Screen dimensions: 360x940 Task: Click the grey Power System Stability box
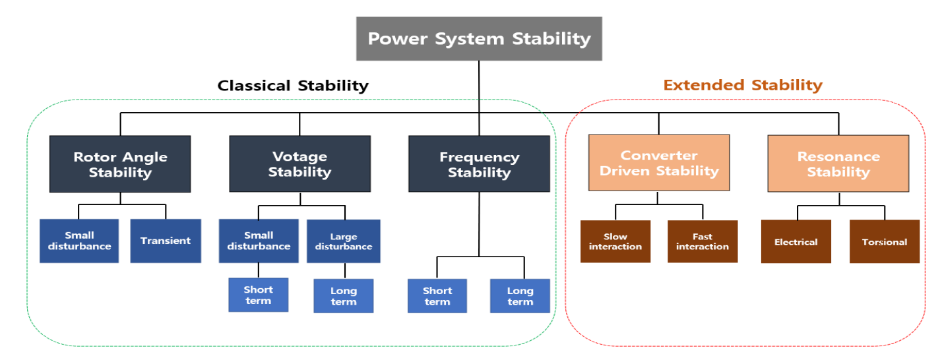479,39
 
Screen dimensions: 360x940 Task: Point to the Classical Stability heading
293,86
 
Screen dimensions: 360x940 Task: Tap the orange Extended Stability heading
743,85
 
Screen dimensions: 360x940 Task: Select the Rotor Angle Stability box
120,164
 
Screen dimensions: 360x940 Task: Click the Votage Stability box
299,164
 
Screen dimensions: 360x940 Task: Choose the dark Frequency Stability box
479,164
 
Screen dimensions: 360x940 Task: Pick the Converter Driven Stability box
658,163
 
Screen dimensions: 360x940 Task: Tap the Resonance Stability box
838,164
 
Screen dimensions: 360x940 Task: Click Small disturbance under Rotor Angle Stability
79,241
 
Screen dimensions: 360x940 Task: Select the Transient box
165,241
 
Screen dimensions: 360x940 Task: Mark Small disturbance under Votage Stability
258,241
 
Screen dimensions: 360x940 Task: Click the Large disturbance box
343,241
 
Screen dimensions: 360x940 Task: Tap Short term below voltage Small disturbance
258,295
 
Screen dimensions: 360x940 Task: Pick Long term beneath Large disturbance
343,296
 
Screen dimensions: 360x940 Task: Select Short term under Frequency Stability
437,296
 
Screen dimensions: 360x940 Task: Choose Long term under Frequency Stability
520,296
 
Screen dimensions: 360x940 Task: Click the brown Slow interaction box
615,241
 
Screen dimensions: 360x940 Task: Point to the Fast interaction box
702,241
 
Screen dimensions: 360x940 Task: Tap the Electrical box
796,242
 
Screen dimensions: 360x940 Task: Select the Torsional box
884,242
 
